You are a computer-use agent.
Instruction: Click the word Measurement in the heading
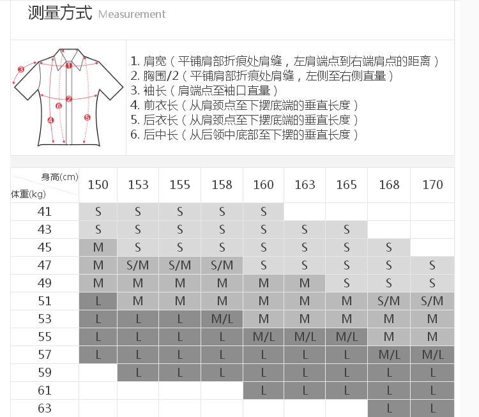click(x=132, y=14)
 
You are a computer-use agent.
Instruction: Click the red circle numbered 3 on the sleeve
click(x=21, y=70)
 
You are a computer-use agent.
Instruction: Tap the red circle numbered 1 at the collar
click(x=68, y=65)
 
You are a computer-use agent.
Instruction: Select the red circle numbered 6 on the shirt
click(x=59, y=106)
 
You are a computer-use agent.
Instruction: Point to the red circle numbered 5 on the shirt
click(x=87, y=118)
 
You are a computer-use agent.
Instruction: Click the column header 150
click(x=98, y=185)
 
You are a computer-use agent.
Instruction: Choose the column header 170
click(x=432, y=185)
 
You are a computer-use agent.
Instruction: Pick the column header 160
click(x=263, y=185)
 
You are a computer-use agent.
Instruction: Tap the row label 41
click(x=45, y=211)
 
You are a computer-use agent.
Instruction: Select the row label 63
click(x=45, y=408)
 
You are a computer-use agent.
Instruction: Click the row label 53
click(x=45, y=319)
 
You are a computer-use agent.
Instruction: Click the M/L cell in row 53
click(x=222, y=319)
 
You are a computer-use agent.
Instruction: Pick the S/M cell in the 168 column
click(x=388, y=301)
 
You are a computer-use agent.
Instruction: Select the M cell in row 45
click(x=98, y=247)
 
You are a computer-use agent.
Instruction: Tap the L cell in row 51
click(x=98, y=301)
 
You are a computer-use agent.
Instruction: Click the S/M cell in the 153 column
click(x=138, y=265)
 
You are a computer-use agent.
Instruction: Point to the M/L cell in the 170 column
click(x=432, y=354)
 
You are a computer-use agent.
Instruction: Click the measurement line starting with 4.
click(x=244, y=105)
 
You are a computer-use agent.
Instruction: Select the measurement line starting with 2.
click(x=262, y=75)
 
